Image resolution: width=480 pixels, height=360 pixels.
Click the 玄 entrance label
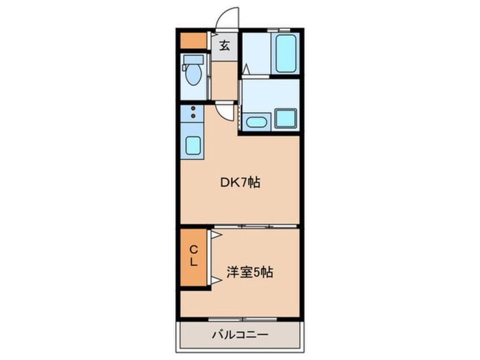(225, 46)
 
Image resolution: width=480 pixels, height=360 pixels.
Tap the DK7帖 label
(240, 183)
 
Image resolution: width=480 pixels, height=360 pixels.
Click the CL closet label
(193, 256)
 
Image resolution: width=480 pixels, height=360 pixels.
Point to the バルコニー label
(240, 335)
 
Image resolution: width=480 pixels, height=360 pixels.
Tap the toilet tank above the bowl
(193, 59)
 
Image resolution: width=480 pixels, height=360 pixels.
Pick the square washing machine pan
(285, 119)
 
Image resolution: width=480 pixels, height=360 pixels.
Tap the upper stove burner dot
(193, 108)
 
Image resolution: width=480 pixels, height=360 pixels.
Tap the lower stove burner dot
(193, 116)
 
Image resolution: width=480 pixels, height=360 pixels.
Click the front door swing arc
(228, 17)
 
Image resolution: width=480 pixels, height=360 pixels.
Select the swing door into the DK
(227, 111)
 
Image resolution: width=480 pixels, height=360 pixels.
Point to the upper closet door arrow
(216, 233)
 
